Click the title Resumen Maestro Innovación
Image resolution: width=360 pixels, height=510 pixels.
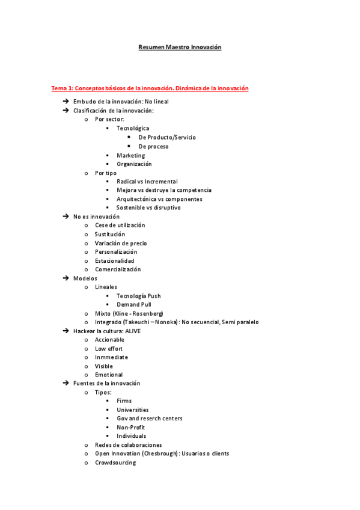pos(180,47)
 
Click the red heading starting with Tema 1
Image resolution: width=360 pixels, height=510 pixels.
pos(150,88)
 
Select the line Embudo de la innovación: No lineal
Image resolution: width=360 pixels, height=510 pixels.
pos(121,102)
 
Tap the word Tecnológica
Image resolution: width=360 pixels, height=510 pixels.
pos(133,128)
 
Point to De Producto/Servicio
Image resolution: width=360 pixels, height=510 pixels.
pos(166,137)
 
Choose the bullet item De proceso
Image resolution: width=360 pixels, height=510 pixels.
pos(153,146)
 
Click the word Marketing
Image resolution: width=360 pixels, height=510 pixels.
pos(130,155)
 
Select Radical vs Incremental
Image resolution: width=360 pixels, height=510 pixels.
pos(147,181)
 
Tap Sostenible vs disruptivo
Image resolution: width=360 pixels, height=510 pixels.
pos(148,207)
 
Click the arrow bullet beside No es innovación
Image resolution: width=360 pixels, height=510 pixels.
pos(66,217)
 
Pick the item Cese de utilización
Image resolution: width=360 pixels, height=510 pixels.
pos(120,225)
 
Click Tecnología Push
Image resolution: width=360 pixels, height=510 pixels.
pos(138,296)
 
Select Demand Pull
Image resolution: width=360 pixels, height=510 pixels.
pos(134,304)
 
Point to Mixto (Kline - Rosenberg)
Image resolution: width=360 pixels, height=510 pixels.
pos(129,313)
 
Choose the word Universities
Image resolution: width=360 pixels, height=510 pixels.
pos(132,410)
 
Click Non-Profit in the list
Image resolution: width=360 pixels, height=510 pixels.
pos(130,427)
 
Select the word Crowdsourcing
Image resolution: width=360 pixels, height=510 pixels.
pos(115,462)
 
